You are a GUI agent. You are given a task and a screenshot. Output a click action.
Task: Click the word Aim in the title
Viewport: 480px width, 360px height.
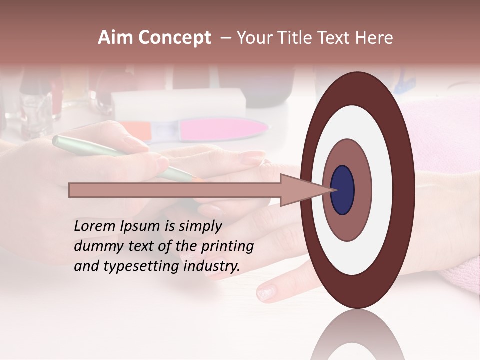click(x=115, y=38)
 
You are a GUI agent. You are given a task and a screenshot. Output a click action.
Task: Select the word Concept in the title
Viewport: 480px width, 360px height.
click(x=174, y=38)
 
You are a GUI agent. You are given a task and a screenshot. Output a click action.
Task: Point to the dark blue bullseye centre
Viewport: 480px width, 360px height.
click(x=342, y=190)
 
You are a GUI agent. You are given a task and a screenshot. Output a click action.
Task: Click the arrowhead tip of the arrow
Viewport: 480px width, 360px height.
click(x=334, y=190)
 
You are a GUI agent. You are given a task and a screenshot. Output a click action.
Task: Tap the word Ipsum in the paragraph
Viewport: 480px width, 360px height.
click(x=141, y=226)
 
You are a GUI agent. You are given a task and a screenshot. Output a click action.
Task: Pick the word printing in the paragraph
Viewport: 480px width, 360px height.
click(x=228, y=246)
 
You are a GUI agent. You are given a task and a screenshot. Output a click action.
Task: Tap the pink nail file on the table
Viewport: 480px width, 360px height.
click(x=220, y=130)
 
